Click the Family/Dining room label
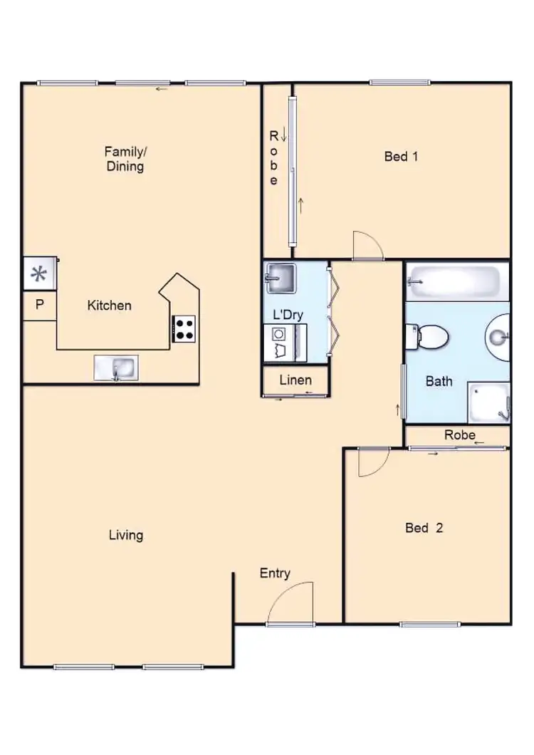point(125,159)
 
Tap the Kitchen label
point(109,306)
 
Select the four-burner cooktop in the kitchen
point(184,328)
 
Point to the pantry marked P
point(40,306)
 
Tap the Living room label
point(126,535)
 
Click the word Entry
point(275,573)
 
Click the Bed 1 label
point(401,156)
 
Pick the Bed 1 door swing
point(369,246)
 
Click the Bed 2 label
point(424,528)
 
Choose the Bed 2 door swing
point(372,463)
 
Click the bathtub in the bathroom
point(456,282)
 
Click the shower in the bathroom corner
point(489,402)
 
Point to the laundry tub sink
point(280,278)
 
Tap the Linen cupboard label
point(295,380)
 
